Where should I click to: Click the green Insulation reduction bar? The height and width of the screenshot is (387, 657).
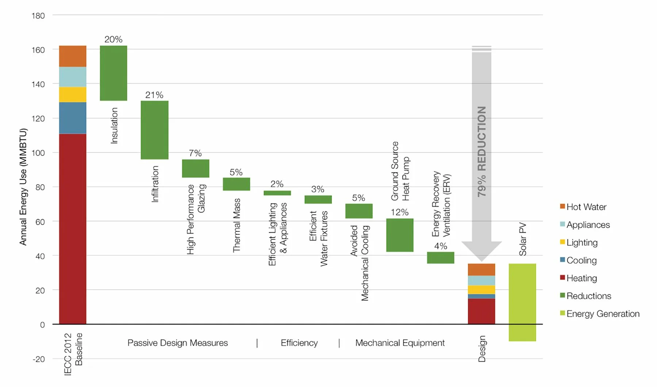click(x=114, y=73)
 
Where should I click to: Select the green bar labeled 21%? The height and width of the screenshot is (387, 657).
click(x=154, y=130)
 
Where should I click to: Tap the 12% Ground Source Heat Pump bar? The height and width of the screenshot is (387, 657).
click(x=400, y=235)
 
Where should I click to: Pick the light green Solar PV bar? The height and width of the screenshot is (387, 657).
click(x=522, y=302)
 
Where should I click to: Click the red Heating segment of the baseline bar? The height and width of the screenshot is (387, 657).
click(x=73, y=229)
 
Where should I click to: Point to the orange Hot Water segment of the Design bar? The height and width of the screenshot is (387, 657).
click(x=481, y=270)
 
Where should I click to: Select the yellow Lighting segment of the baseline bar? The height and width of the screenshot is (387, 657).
click(x=73, y=94)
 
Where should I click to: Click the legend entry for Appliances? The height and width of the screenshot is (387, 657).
click(x=588, y=225)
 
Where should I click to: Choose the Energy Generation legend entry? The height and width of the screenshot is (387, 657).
click(x=603, y=314)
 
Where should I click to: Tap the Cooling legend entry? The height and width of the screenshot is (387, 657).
click(x=581, y=260)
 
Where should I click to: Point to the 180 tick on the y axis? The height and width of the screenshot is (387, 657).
click(x=38, y=16)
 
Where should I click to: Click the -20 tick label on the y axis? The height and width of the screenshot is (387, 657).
click(x=38, y=359)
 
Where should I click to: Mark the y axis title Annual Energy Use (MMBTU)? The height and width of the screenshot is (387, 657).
click(x=23, y=187)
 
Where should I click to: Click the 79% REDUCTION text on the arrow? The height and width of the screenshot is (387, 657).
click(x=482, y=151)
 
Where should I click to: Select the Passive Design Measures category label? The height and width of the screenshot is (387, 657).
click(x=177, y=343)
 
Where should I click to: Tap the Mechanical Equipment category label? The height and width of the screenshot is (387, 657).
click(x=400, y=343)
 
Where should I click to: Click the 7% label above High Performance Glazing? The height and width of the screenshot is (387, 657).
click(x=195, y=153)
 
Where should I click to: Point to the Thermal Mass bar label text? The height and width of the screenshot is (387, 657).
click(x=237, y=225)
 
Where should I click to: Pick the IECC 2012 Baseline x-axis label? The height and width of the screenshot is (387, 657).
click(x=73, y=354)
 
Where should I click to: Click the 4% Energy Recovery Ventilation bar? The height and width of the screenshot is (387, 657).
click(x=441, y=258)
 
